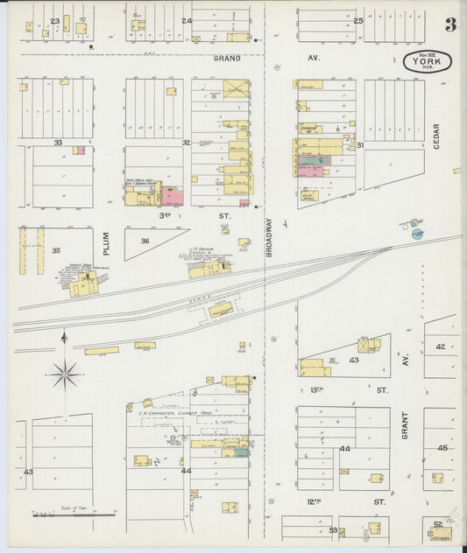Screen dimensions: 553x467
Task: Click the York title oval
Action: coord(428,61)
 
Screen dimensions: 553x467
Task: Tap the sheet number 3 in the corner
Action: coord(449,24)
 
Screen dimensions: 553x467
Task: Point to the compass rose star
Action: coord(64,375)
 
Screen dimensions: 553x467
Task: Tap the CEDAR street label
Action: coord(436,136)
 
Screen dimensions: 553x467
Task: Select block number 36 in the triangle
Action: coord(145,241)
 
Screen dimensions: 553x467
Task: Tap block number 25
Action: coord(358,20)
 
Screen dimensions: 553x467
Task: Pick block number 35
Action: coord(56,250)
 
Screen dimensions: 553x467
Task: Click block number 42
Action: coord(440,346)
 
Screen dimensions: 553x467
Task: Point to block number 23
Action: coord(55,20)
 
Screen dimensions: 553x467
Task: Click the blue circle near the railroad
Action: coord(417,234)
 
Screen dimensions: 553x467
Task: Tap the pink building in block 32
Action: coord(171,195)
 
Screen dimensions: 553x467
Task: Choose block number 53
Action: coord(333,530)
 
